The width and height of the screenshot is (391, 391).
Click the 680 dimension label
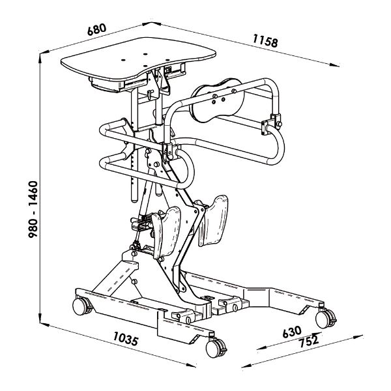click(96, 29)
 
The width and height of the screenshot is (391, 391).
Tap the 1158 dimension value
click(265, 40)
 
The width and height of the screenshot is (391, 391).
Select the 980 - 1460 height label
click(33, 209)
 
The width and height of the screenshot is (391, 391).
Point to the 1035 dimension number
click(126, 338)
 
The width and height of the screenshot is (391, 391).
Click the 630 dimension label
click(292, 332)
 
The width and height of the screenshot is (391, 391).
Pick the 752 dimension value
click(309, 341)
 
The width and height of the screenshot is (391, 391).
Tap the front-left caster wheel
click(80, 306)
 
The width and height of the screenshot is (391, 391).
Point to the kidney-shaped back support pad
click(216, 100)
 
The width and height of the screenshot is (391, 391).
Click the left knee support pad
click(166, 231)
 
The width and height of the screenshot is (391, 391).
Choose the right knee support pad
click(213, 220)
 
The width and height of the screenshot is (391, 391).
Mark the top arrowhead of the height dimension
click(40, 58)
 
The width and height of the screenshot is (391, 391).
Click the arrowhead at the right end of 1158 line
click(334, 65)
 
